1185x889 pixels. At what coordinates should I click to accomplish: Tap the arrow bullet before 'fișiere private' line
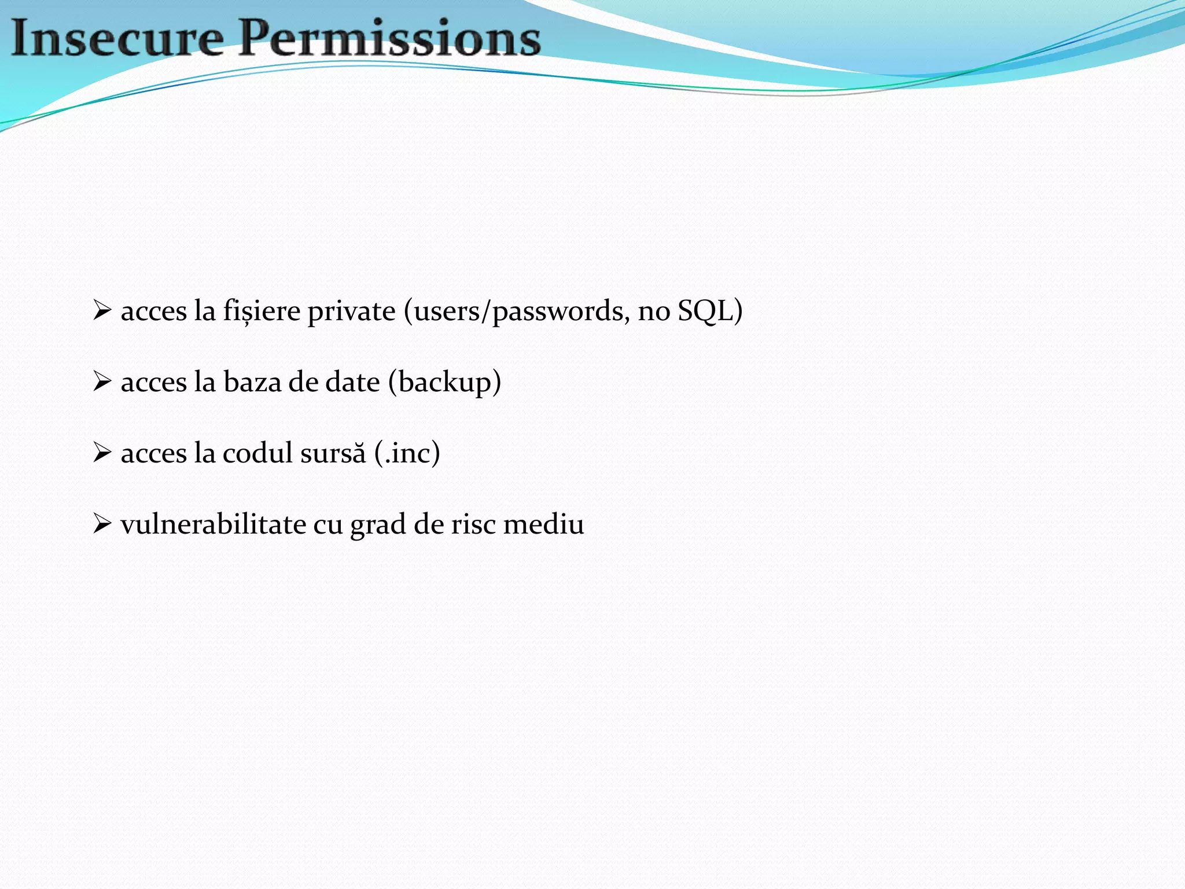[102, 310]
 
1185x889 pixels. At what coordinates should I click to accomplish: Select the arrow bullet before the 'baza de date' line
[102, 381]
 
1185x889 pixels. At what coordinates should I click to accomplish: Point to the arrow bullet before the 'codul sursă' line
[102, 453]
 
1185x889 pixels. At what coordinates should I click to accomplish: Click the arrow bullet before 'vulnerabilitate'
[102, 524]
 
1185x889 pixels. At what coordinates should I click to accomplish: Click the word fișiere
[262, 311]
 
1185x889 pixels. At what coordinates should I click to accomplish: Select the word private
[351, 311]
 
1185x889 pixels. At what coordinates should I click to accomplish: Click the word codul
[257, 453]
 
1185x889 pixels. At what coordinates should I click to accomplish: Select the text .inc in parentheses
[407, 453]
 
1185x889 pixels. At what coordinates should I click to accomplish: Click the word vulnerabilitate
[214, 524]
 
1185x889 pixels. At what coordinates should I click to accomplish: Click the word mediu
[543, 524]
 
